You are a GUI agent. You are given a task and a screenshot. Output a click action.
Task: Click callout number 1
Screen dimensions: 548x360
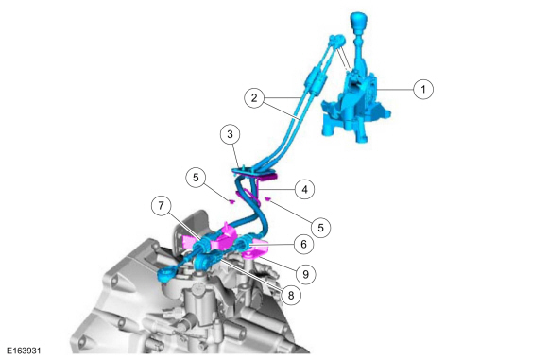423,89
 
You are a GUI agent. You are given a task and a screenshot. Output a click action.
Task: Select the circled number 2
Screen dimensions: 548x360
254,98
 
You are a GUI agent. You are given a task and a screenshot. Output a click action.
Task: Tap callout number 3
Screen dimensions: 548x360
230,134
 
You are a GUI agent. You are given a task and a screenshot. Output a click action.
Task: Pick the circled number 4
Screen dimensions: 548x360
304,189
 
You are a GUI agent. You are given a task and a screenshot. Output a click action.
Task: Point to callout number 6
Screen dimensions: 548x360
303,244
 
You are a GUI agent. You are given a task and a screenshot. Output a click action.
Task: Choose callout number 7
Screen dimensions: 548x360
161,206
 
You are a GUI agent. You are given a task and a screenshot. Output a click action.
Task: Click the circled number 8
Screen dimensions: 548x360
290,296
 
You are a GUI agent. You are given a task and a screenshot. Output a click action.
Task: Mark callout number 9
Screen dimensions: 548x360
305,274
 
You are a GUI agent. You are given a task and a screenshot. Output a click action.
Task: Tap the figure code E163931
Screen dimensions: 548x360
24,351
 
